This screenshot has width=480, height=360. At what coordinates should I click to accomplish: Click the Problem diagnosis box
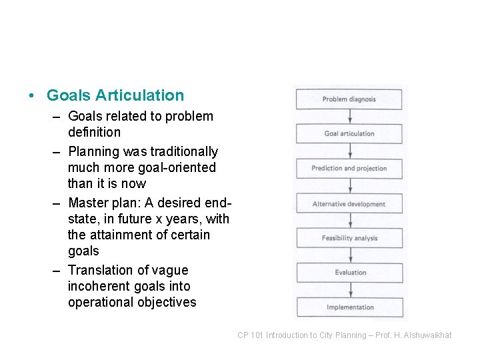pyautogui.click(x=349, y=99)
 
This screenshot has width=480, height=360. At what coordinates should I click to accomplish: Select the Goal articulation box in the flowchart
pyautogui.click(x=349, y=133)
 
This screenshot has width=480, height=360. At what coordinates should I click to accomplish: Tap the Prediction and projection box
pyautogui.click(x=349, y=169)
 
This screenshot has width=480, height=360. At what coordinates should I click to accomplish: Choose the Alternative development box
pyautogui.click(x=349, y=204)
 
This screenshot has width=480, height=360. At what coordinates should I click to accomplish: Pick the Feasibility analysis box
pyautogui.click(x=349, y=238)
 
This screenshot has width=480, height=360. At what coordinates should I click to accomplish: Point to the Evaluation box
pyautogui.click(x=349, y=272)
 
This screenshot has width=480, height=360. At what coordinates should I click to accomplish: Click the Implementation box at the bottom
pyautogui.click(x=349, y=307)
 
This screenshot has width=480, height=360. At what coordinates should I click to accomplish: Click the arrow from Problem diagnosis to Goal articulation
pyautogui.click(x=349, y=117)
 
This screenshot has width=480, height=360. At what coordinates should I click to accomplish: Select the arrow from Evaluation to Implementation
pyautogui.click(x=349, y=290)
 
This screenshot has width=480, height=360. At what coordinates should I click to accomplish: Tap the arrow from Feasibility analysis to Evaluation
pyautogui.click(x=349, y=255)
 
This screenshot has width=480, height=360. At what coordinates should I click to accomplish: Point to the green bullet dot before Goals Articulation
pyautogui.click(x=32, y=96)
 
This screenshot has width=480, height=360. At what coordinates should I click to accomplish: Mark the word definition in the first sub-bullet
pyautogui.click(x=94, y=132)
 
